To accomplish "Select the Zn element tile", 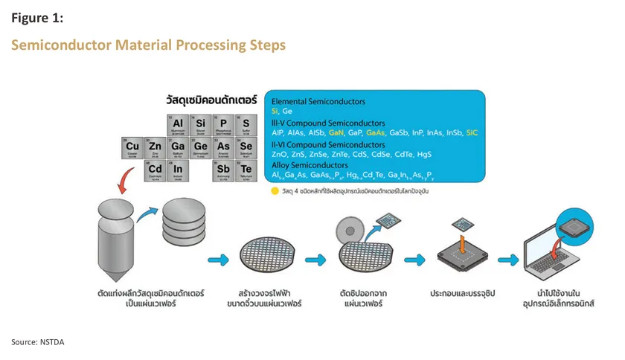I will pyautogui.click(x=156, y=148).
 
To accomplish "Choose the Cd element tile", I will pyautogui.click(x=156, y=171).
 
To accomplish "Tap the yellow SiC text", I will pyautogui.click(x=473, y=132).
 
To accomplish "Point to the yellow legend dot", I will pyautogui.click(x=275, y=191).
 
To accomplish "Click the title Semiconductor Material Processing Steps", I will pyautogui.click(x=148, y=45).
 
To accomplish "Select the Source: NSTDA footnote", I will pyautogui.click(x=43, y=341).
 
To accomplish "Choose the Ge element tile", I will pyautogui.click(x=200, y=148).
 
